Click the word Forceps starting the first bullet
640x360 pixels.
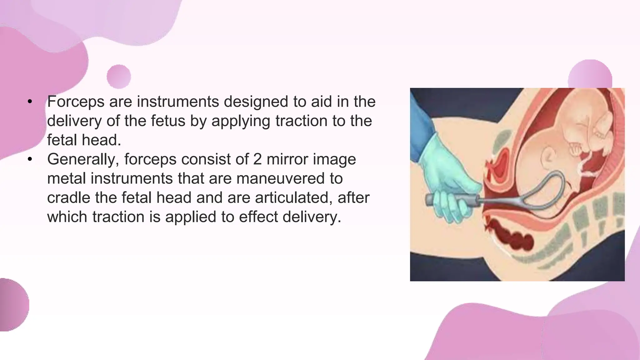(76, 102)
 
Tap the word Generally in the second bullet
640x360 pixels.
(81, 159)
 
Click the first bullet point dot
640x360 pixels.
(30, 102)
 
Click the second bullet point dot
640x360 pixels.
(30, 159)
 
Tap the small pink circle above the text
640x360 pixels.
(119, 77)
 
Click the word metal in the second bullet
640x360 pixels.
(67, 178)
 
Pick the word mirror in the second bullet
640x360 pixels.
(288, 159)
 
